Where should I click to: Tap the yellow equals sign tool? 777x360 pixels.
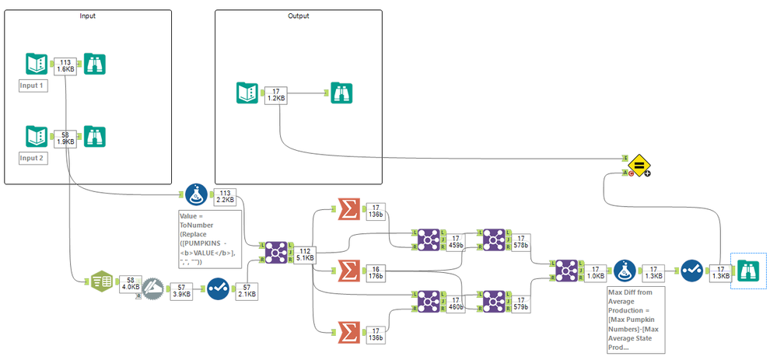639,164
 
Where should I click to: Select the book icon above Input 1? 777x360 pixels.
37,65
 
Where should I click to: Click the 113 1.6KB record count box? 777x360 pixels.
66,65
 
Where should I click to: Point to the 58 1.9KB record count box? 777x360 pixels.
66,138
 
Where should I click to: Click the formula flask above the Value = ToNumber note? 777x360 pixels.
195,194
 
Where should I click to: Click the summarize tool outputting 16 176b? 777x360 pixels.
350,269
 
